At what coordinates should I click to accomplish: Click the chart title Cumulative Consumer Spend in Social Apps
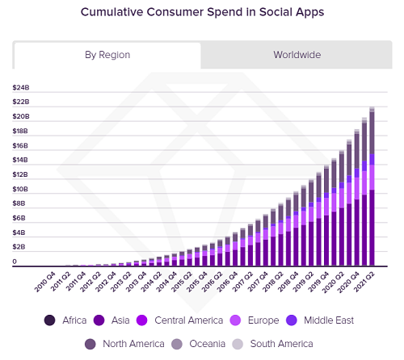tap(202, 14)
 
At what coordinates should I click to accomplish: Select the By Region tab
tap(107, 55)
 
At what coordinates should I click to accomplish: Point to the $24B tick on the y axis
tap(21, 88)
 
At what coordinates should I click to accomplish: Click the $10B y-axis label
tap(21, 189)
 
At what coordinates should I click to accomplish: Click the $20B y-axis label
tap(21, 117)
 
